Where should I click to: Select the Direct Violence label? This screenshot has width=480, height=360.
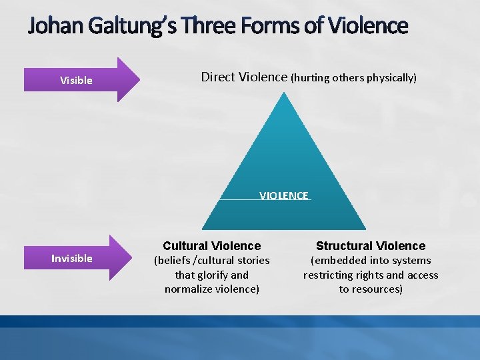tap(244, 77)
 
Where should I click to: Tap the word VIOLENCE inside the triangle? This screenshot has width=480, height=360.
tap(284, 195)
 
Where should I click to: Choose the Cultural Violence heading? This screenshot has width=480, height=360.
tap(212, 246)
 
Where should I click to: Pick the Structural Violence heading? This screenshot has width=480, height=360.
tap(371, 246)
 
